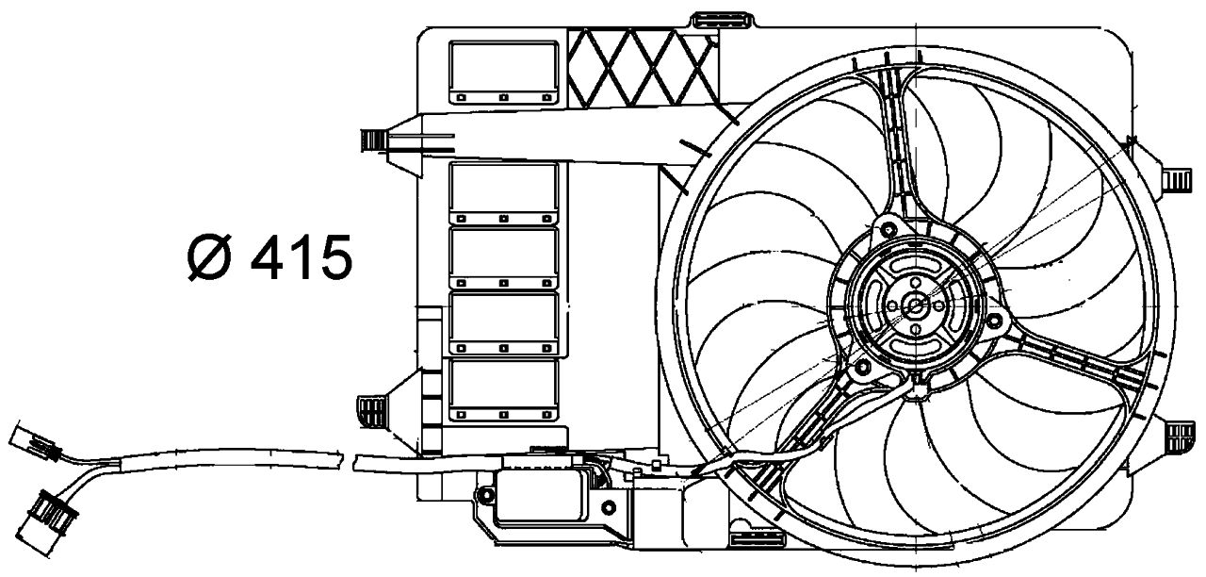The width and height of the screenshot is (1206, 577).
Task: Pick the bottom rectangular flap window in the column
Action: click(x=503, y=389)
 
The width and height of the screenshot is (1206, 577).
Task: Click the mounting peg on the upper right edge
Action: click(x=1178, y=179)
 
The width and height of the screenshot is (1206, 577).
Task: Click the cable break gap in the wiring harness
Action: click(x=345, y=462)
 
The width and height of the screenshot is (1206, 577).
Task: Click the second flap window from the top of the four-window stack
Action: click(x=503, y=257)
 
